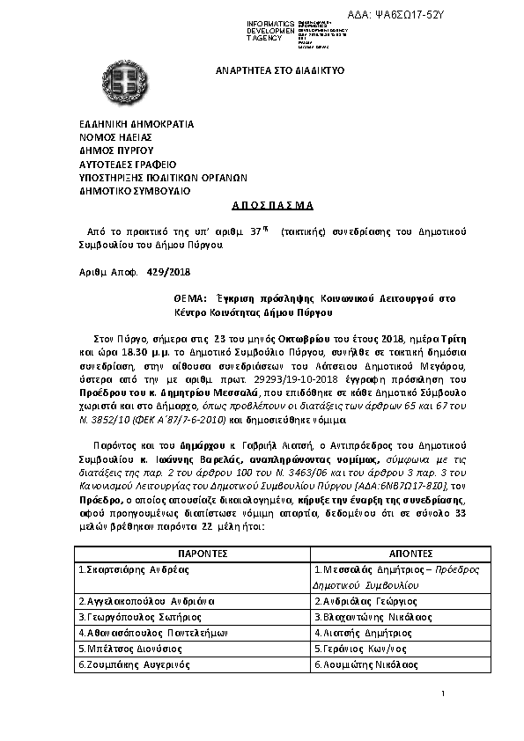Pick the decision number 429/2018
[168, 273]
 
